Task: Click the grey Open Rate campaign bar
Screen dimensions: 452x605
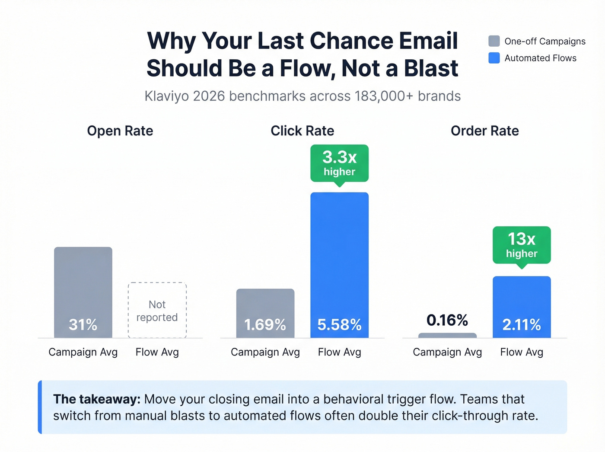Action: click(x=83, y=292)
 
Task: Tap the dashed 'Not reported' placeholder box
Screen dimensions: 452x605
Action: click(x=157, y=311)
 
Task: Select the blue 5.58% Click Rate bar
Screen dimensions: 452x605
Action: click(x=339, y=265)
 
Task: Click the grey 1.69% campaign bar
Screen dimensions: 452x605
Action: click(x=265, y=313)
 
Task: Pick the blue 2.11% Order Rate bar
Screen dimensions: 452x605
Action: click(x=522, y=307)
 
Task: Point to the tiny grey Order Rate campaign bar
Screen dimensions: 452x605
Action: click(x=447, y=336)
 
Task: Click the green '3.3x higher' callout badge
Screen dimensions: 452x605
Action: click(x=339, y=163)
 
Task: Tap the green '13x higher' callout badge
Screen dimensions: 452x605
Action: click(x=522, y=245)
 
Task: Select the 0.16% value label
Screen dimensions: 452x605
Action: click(x=447, y=320)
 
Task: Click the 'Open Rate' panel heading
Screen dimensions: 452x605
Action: click(x=120, y=131)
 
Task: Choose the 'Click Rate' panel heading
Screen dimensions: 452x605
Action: click(x=302, y=131)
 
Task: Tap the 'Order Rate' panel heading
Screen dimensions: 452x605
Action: click(x=484, y=131)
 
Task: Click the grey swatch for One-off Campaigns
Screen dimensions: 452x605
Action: click(x=494, y=41)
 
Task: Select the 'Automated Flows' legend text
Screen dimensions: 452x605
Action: click(x=540, y=58)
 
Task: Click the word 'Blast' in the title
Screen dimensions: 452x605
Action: click(x=431, y=68)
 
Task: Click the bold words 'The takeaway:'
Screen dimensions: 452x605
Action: click(x=97, y=399)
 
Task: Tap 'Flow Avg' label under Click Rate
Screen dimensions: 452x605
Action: click(x=339, y=352)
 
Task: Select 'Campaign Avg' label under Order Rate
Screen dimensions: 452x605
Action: click(x=447, y=352)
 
